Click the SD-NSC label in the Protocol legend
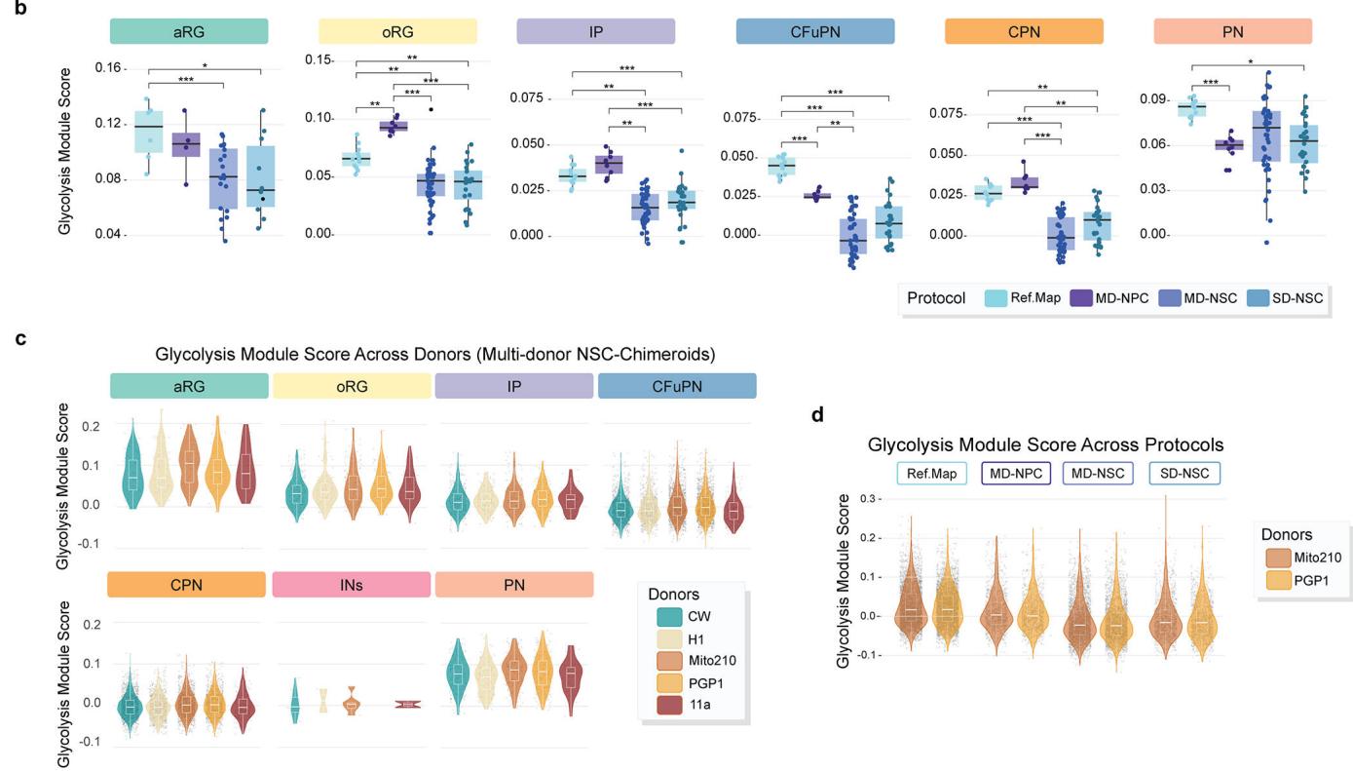coord(1298,297)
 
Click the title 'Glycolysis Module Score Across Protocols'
coord(1046,444)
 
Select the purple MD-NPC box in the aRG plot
coord(187,144)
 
